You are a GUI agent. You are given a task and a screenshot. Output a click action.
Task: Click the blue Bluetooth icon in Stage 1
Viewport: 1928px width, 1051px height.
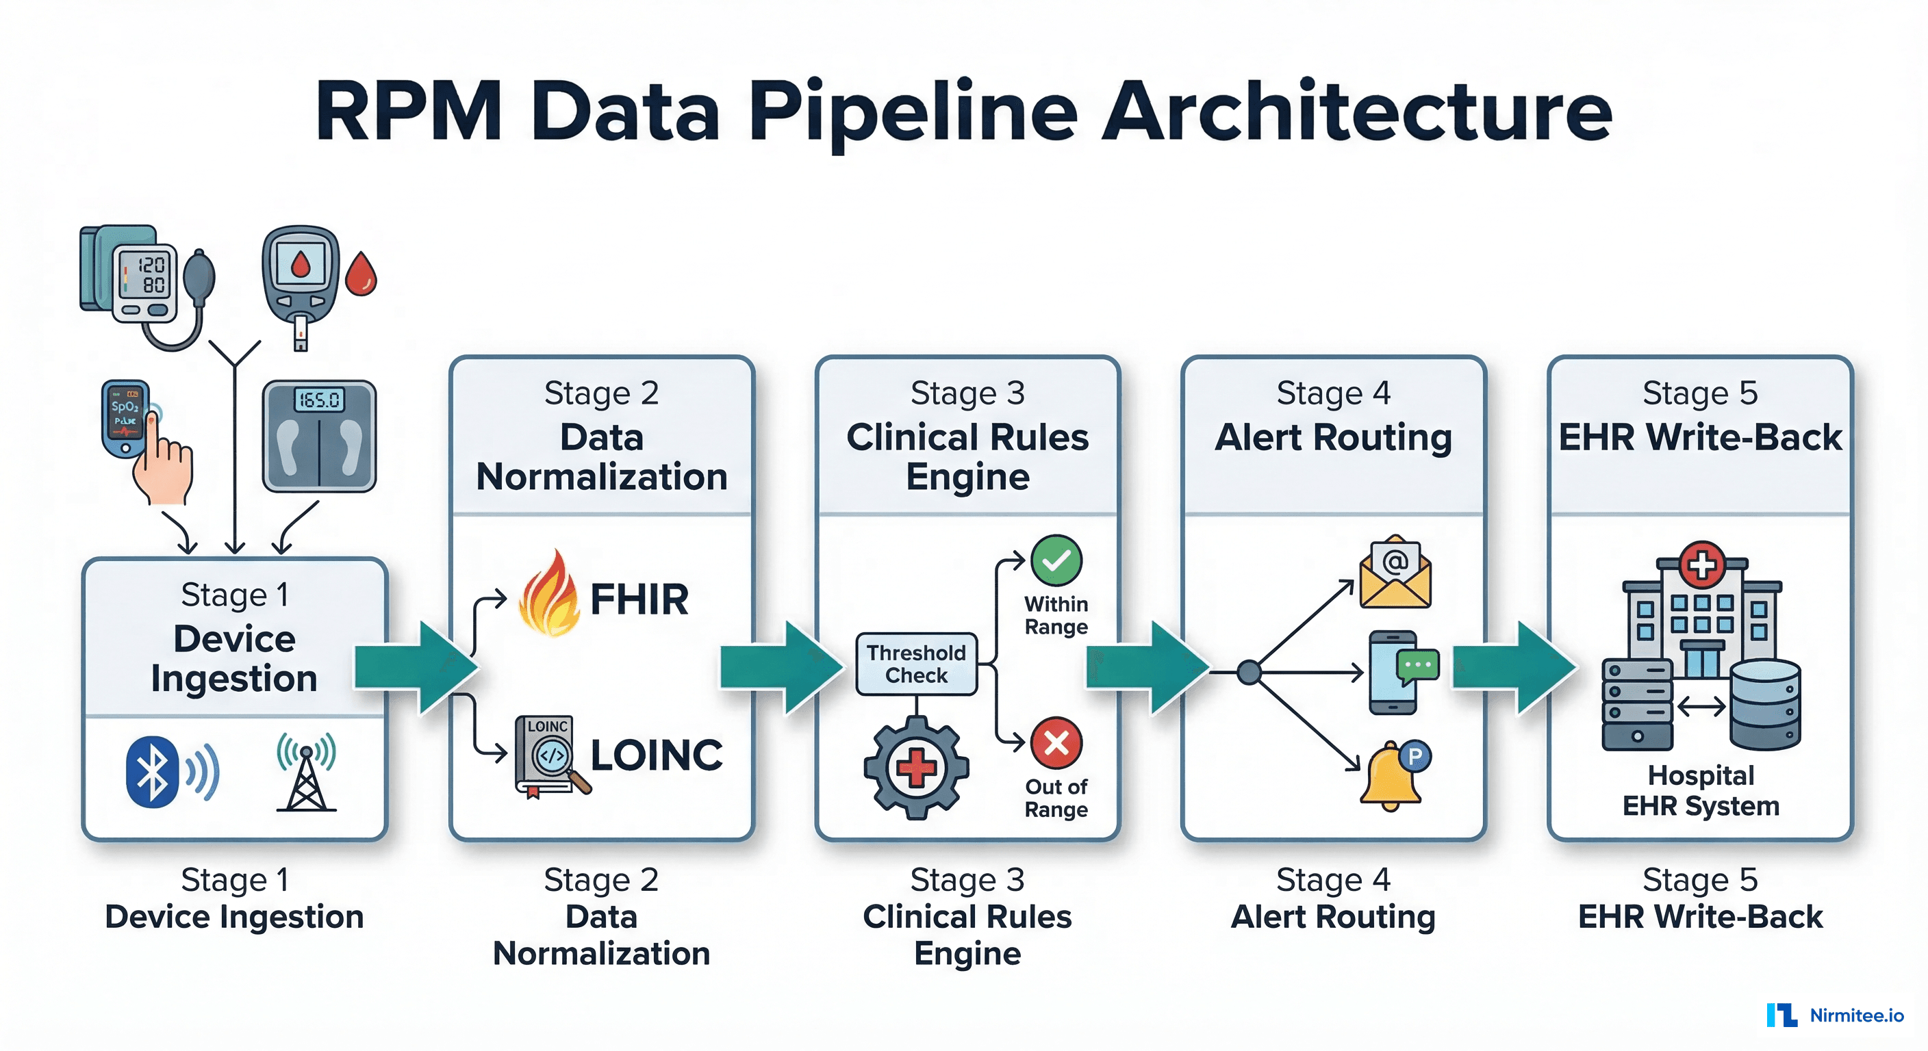[153, 771]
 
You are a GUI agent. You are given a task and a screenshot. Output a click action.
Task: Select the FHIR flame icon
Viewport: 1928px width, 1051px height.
[549, 595]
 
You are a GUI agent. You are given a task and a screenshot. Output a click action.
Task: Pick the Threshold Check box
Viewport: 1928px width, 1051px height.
[916, 664]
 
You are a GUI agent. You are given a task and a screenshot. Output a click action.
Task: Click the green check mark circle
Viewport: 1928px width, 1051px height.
[1056, 560]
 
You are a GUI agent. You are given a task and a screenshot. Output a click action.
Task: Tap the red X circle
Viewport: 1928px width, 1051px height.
[1056, 743]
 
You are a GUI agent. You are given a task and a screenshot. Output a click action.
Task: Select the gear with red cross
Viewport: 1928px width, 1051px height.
[916, 768]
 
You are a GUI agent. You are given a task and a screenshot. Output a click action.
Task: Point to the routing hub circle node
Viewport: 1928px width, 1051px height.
[1248, 673]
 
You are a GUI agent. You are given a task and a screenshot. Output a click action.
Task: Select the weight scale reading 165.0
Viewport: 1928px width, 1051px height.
[319, 435]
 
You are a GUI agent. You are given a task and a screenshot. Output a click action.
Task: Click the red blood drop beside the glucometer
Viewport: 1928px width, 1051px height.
[361, 274]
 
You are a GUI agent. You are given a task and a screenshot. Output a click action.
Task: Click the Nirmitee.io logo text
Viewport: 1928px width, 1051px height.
[1856, 1015]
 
